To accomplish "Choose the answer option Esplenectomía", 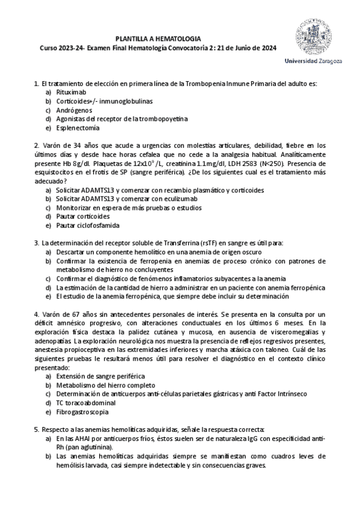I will pos(78,127).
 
